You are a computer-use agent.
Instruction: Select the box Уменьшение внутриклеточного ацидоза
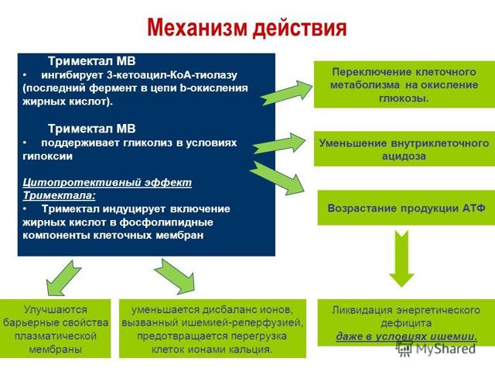[x=404, y=149]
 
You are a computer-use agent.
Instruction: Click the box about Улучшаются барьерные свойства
[x=56, y=328]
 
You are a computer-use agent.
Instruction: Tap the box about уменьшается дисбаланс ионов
[x=212, y=328]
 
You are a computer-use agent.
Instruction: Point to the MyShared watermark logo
[x=437, y=348]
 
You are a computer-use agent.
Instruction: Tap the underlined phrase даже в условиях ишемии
[x=406, y=336]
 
